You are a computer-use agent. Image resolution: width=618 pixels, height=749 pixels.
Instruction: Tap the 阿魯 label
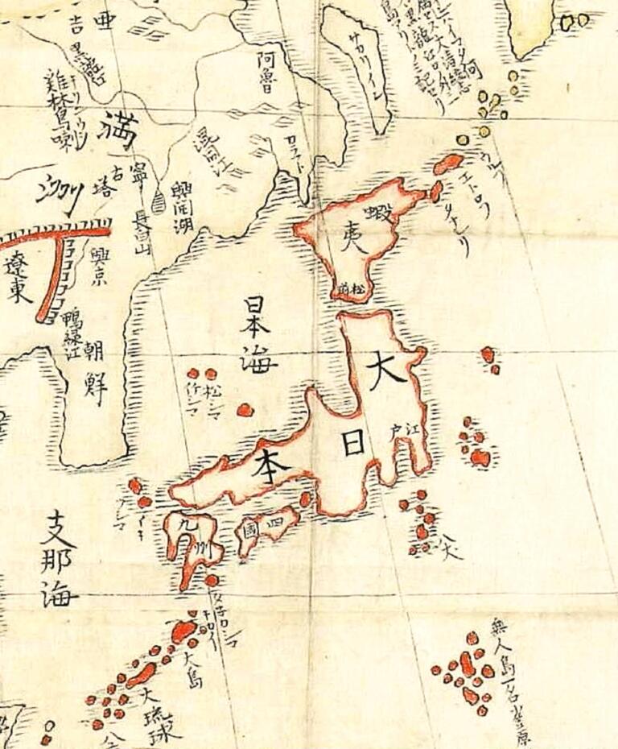[266, 71]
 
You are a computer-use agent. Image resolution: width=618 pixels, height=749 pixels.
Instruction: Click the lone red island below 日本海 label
[245, 411]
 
